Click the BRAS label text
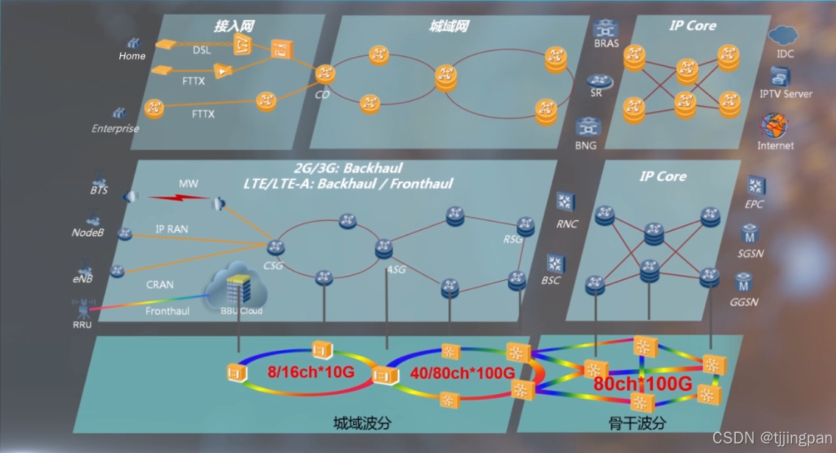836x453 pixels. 607,43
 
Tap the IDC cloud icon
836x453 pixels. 782,35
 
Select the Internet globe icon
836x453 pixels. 775,126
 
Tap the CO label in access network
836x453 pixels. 322,94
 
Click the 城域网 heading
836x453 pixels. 448,26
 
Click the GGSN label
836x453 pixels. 744,302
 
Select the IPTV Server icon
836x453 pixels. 779,76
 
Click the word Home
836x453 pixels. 132,56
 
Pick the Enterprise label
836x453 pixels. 115,129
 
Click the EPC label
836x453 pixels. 756,204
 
